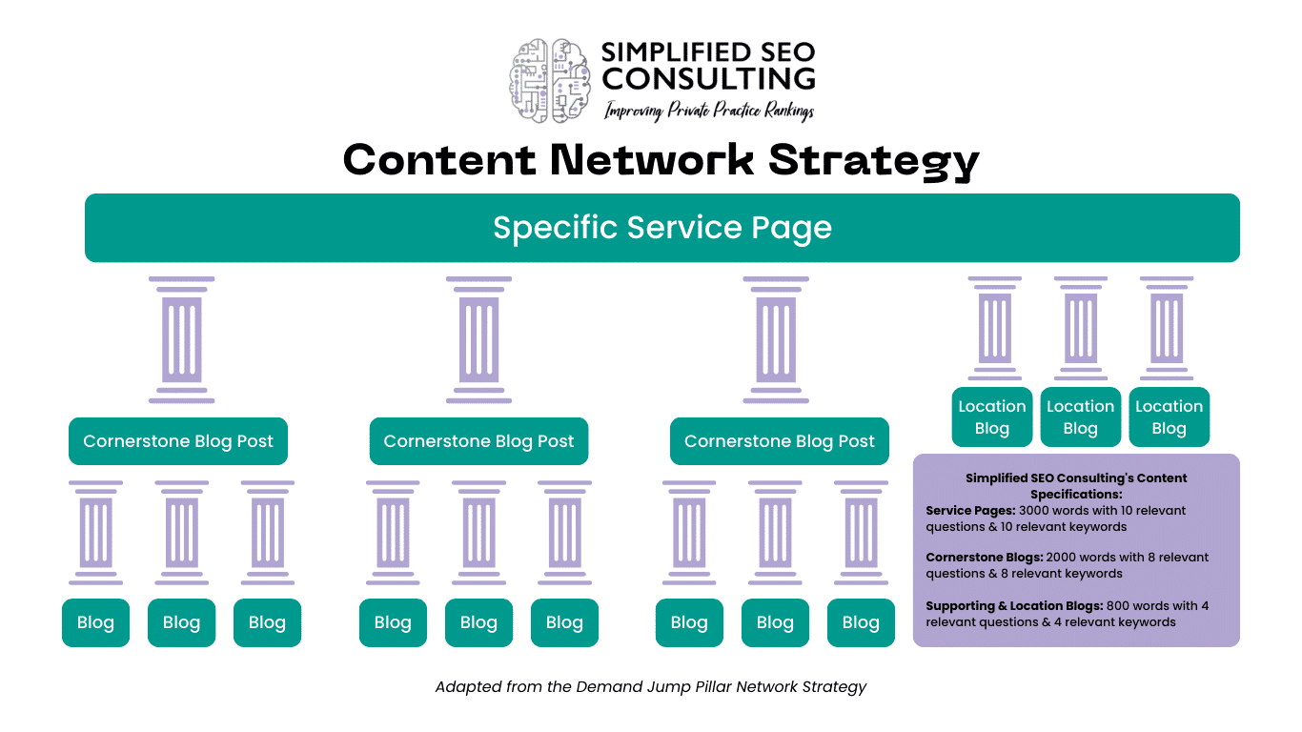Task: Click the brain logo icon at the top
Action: (x=551, y=79)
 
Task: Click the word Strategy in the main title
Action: (x=873, y=159)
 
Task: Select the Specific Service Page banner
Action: (x=661, y=228)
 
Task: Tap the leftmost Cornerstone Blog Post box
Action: (x=178, y=441)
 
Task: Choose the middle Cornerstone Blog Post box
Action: (x=478, y=441)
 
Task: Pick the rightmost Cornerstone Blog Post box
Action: (x=779, y=441)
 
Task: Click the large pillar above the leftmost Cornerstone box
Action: (x=181, y=340)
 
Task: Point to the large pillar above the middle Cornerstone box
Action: (x=478, y=340)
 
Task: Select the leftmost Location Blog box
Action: (x=992, y=417)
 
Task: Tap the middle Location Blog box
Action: (x=1080, y=417)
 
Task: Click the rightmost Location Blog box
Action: (x=1169, y=417)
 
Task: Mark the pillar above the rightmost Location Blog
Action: (x=1167, y=328)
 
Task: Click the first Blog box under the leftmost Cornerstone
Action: (x=95, y=622)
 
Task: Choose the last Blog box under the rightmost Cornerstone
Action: (x=861, y=622)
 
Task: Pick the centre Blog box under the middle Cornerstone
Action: (x=478, y=622)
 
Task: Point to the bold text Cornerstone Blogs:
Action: (x=984, y=558)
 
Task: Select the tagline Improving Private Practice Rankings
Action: (x=709, y=112)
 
